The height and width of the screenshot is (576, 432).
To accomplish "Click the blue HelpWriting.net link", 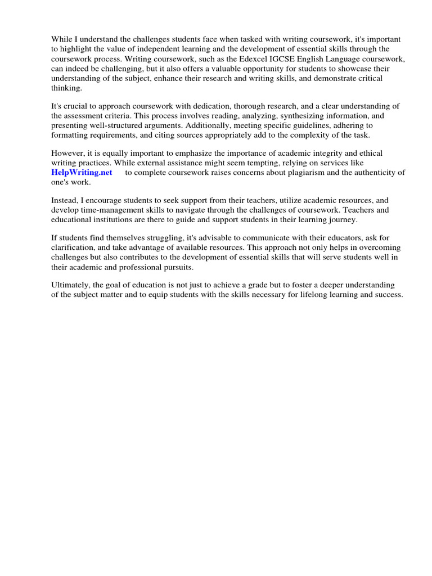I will pos(82,173).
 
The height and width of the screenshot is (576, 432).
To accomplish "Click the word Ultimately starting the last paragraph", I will pos(71,286).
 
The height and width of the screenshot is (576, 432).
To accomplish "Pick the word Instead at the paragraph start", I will pos(65,200).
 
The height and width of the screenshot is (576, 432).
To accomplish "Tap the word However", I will pos(69,154).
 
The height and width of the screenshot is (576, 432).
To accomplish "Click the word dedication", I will pos(201,107).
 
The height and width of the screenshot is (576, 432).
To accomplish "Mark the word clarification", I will pos(74,248).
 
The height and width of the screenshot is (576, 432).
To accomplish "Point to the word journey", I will pos(339,220).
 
